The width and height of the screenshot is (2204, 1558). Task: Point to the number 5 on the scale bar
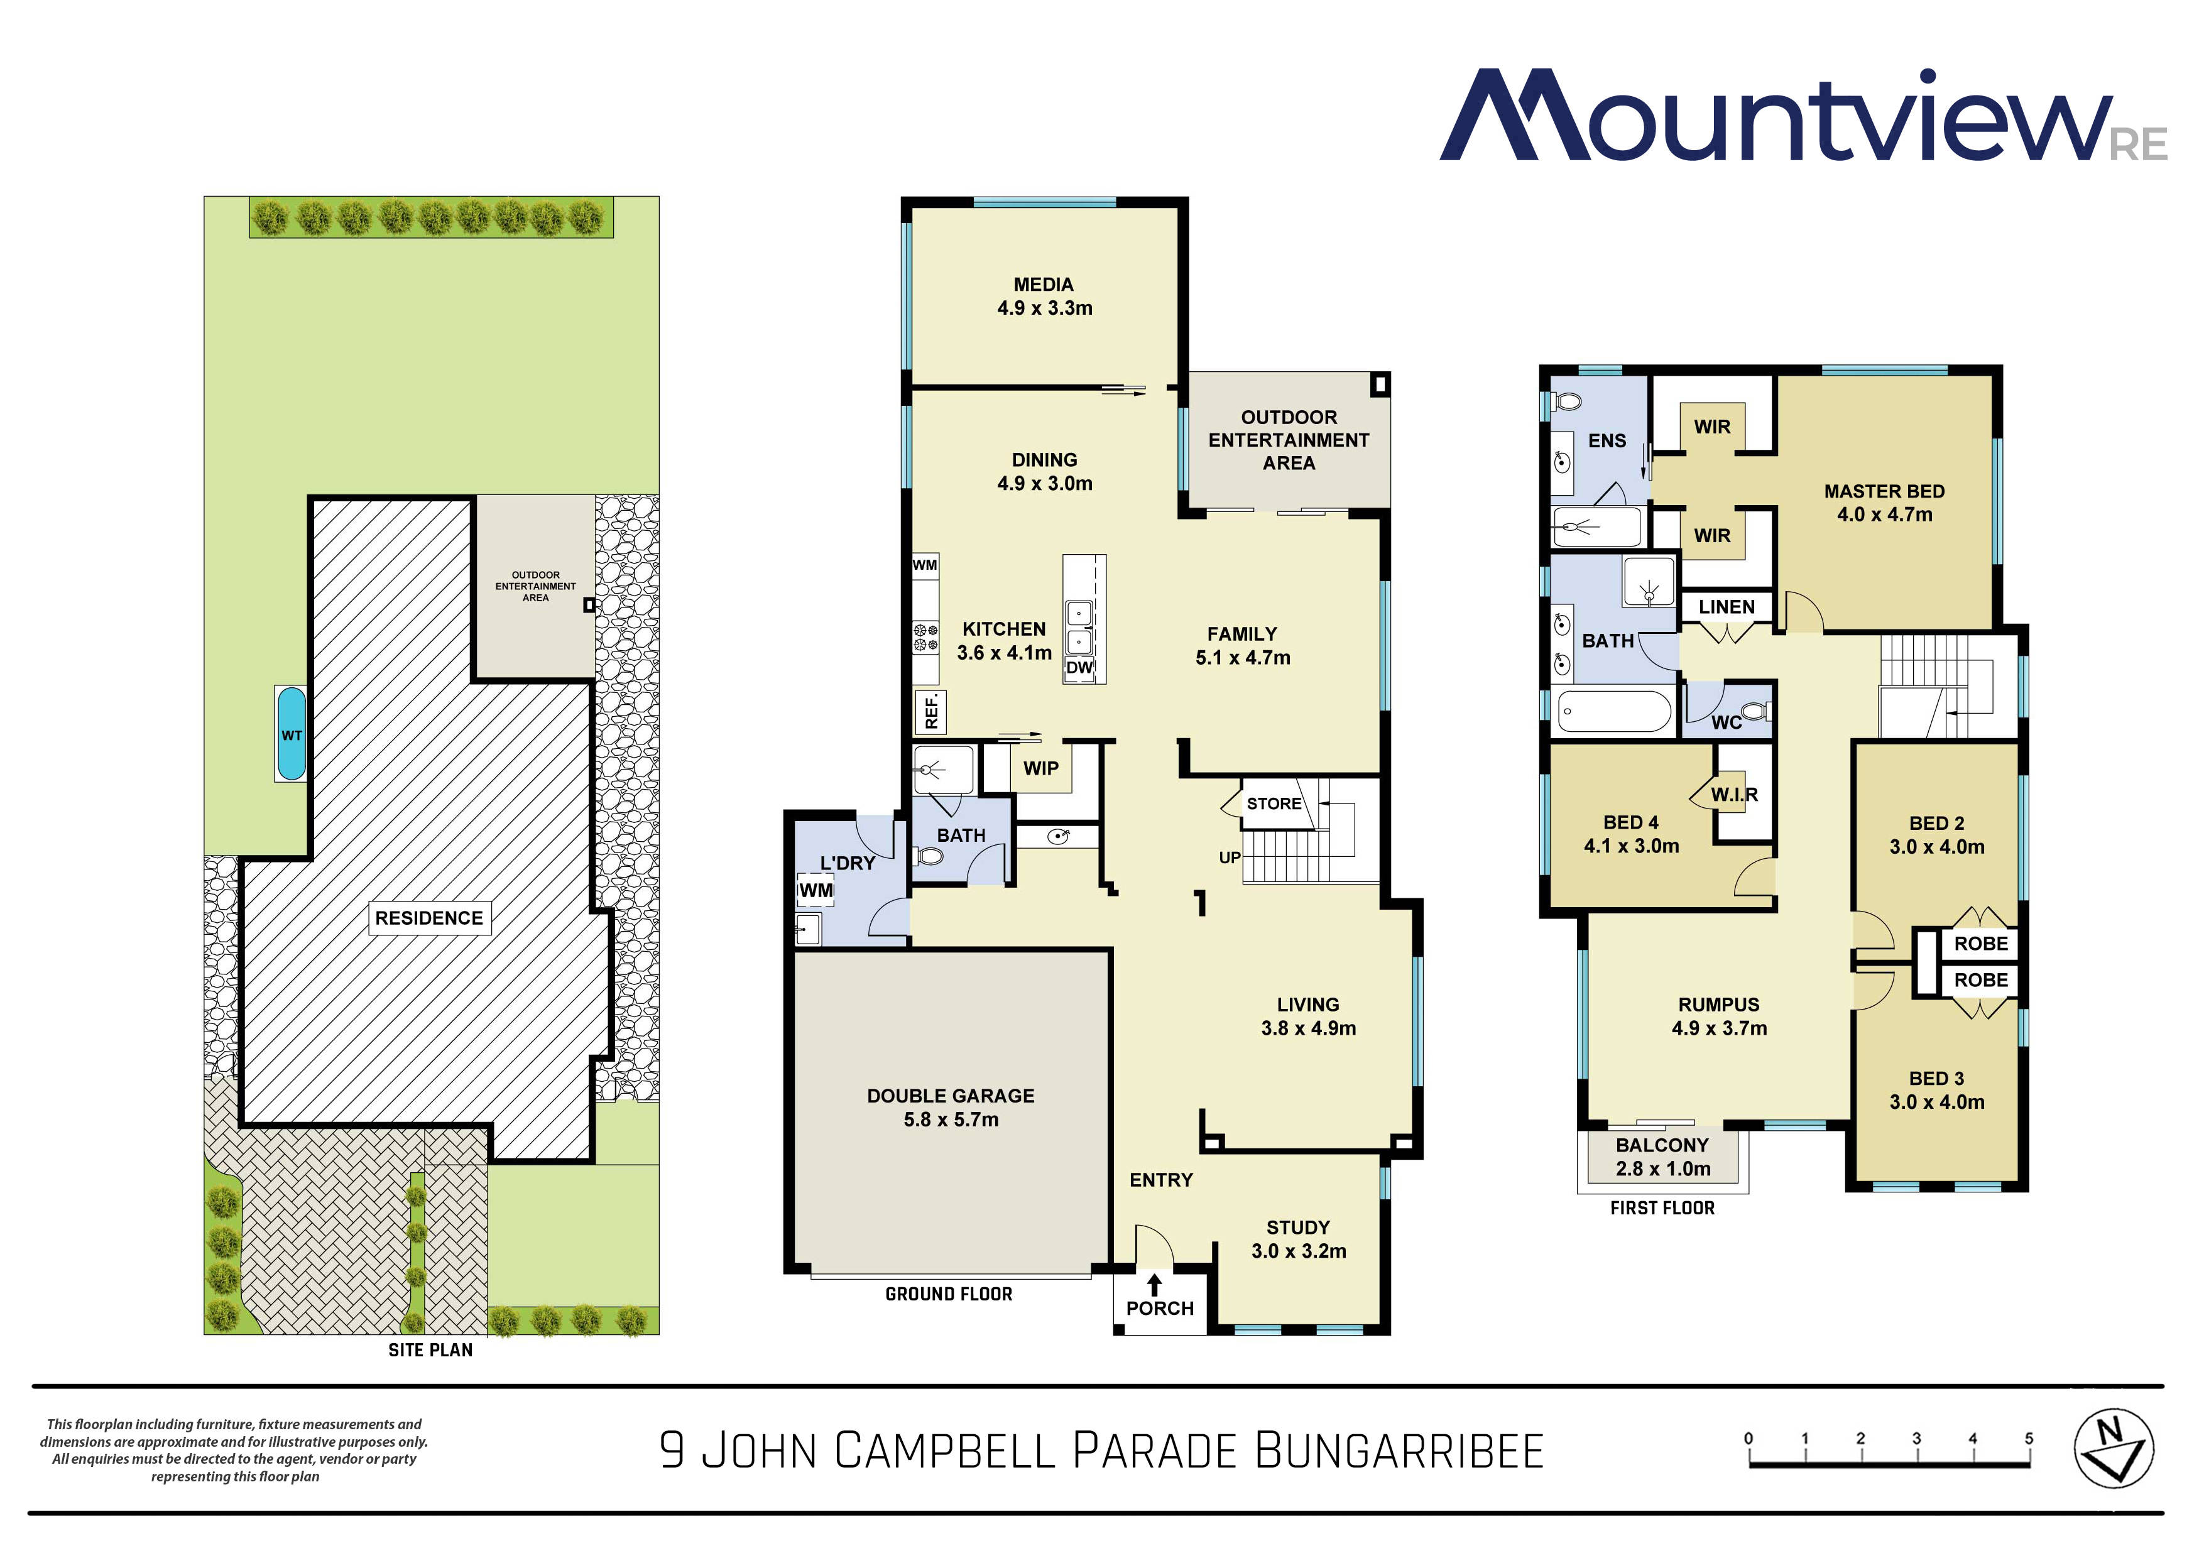tap(2028, 1438)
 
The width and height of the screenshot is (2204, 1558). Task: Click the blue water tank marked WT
tap(291, 734)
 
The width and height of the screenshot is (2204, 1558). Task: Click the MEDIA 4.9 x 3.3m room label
tap(1044, 297)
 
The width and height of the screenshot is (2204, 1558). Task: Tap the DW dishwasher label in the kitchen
tap(1079, 667)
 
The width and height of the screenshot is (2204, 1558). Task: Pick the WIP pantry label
tap(1040, 768)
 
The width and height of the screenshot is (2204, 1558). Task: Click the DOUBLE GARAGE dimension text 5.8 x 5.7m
tap(951, 1119)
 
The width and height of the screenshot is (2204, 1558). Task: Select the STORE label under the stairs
tap(1274, 804)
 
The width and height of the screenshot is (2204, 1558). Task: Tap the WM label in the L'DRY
tap(816, 890)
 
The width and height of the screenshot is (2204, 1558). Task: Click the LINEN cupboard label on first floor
tap(1726, 607)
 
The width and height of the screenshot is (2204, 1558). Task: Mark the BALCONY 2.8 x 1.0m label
tap(1662, 1157)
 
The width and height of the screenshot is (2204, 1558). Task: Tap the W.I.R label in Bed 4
tap(1733, 794)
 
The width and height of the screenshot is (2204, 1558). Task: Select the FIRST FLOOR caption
tap(1662, 1207)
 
